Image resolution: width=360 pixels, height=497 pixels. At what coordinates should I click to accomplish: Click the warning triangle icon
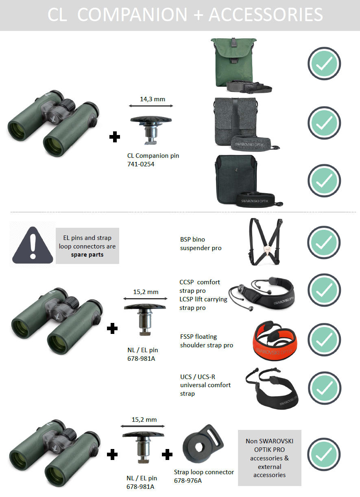[33, 246]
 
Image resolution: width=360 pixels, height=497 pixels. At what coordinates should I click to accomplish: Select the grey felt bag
[235, 122]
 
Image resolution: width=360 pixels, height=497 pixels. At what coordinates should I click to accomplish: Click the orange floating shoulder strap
[275, 340]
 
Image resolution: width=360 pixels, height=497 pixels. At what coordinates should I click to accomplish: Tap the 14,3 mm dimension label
[153, 99]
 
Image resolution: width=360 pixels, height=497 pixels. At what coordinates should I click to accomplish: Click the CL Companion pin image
[151, 130]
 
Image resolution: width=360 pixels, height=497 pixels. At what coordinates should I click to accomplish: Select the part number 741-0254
[141, 164]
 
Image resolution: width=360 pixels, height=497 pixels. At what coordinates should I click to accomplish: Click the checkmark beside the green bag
[324, 63]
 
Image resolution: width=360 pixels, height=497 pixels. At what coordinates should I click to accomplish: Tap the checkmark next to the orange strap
[324, 340]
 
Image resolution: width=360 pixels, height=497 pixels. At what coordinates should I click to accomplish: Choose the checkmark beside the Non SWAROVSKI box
[324, 454]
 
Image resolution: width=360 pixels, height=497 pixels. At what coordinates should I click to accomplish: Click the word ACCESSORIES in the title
[266, 15]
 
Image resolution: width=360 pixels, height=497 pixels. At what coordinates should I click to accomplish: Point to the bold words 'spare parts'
[87, 255]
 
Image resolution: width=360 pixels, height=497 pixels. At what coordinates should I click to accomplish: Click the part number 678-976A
[188, 481]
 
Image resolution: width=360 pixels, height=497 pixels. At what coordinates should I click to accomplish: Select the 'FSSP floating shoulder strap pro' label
[207, 341]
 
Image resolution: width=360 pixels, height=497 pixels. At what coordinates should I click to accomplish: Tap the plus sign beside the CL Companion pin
[115, 137]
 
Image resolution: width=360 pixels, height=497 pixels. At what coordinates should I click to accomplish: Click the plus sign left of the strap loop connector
[167, 454]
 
